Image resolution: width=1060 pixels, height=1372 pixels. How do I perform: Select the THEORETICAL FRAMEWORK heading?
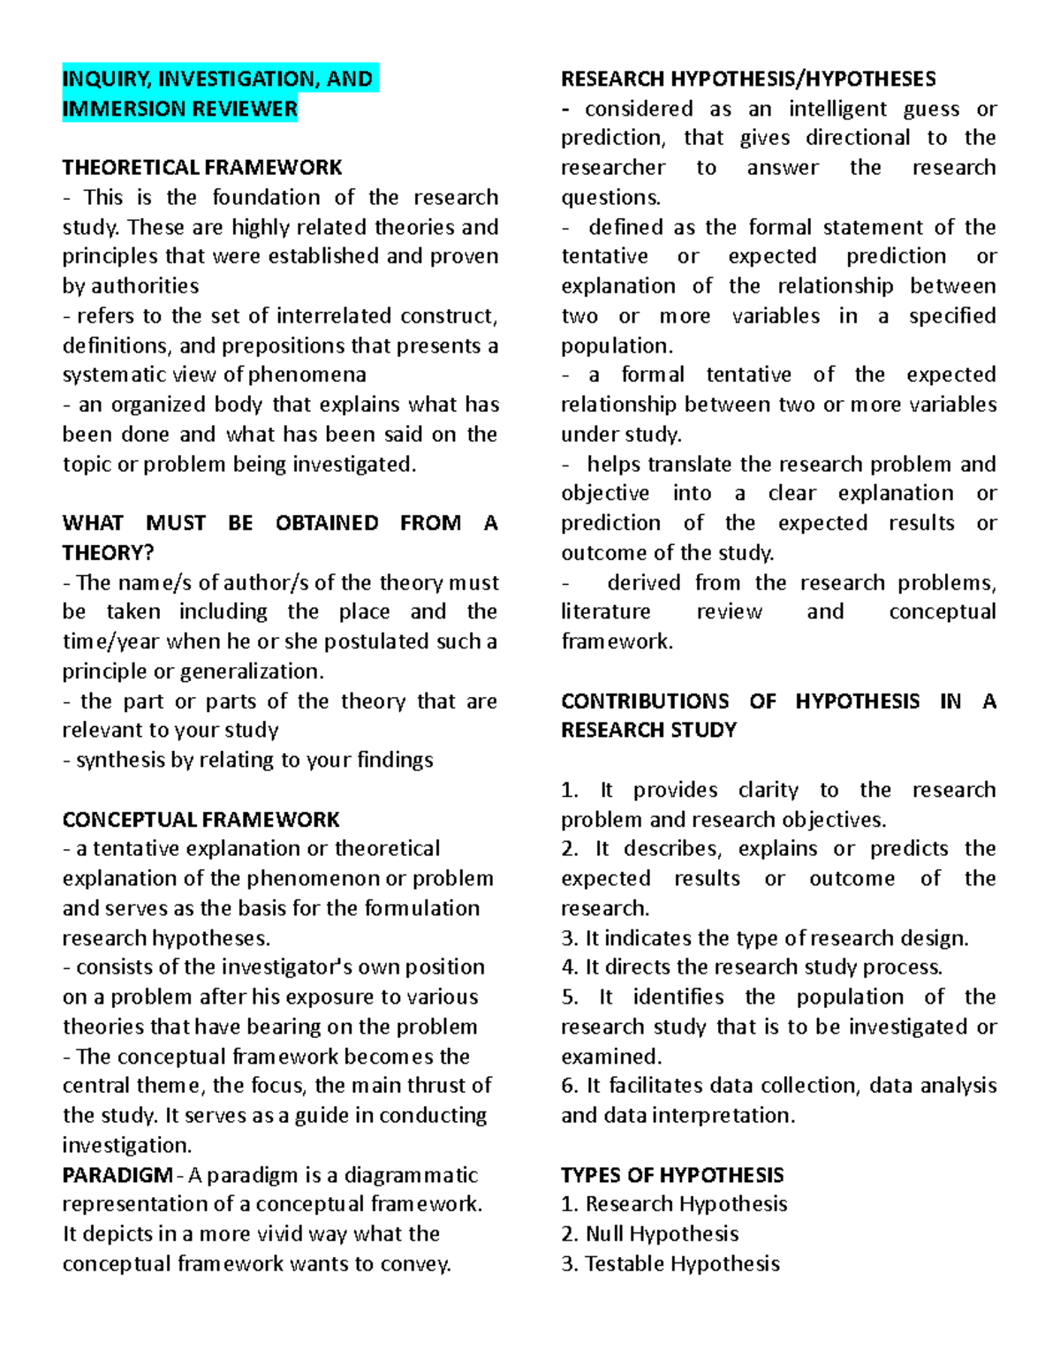pyautogui.click(x=202, y=168)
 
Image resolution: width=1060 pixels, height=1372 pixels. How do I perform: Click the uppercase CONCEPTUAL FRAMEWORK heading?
pyautogui.click(x=201, y=820)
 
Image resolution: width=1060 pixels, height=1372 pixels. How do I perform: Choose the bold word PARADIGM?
pyautogui.click(x=117, y=1175)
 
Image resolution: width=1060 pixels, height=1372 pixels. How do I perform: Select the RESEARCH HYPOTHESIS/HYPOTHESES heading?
pyautogui.click(x=748, y=79)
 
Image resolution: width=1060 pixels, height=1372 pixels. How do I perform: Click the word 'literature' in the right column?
pyautogui.click(x=605, y=612)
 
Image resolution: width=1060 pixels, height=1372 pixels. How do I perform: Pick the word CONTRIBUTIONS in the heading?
pyautogui.click(x=644, y=701)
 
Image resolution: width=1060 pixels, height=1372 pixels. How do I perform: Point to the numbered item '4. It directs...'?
pyautogui.click(x=752, y=967)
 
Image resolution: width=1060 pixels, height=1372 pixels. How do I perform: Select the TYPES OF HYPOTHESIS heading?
pyautogui.click(x=671, y=1175)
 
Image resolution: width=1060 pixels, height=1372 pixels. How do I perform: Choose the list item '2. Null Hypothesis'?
pyautogui.click(x=649, y=1234)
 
